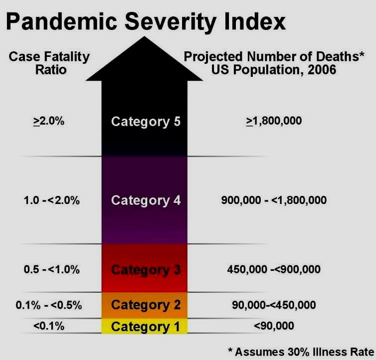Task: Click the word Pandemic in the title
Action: coord(61,21)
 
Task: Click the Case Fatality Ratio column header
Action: coord(49,63)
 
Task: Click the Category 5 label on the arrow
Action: coord(146,122)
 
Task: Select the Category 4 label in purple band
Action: coord(146,200)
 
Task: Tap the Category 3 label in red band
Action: coord(146,270)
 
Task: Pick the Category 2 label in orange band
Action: coord(146,305)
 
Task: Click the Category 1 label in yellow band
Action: coord(146,327)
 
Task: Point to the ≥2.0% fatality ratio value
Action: coord(49,121)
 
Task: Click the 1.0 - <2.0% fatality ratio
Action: coord(51,200)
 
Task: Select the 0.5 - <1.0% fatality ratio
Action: coord(51,269)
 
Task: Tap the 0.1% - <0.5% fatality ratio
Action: coord(49,305)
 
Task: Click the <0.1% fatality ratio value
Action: coord(49,326)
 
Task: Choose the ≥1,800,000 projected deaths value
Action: coord(274,121)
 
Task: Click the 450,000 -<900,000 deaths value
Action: coord(274,269)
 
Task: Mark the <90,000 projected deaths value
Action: coord(274,326)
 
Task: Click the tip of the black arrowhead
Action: coord(144,36)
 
